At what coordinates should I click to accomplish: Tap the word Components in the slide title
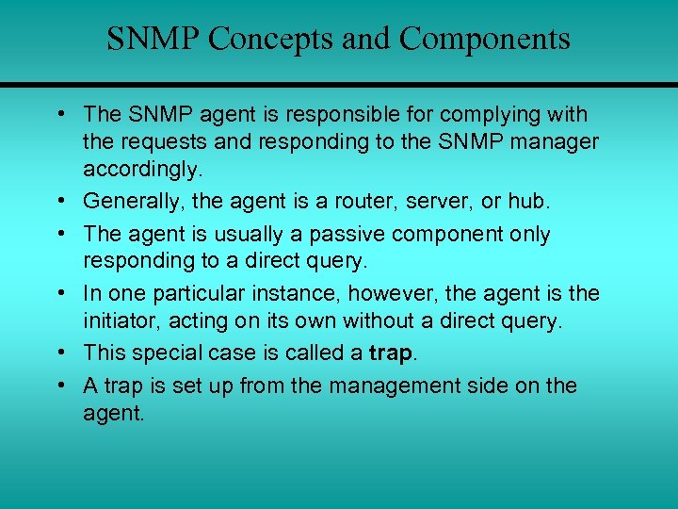click(x=484, y=40)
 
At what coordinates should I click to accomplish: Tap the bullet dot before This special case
click(x=60, y=353)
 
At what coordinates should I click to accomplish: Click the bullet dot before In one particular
click(x=60, y=293)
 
